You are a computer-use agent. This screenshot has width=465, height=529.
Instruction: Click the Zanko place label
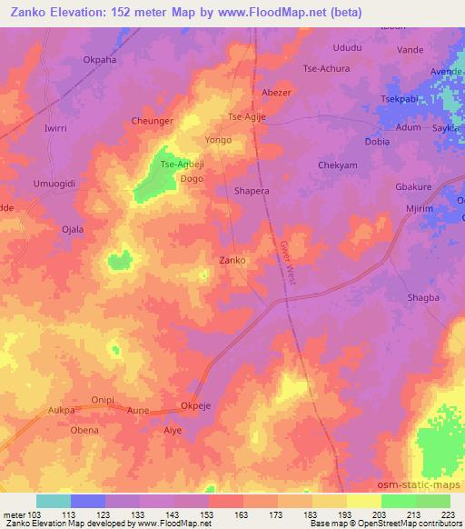(233, 260)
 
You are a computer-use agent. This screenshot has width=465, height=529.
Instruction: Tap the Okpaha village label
(100, 61)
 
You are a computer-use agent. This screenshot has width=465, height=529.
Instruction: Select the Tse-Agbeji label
(181, 165)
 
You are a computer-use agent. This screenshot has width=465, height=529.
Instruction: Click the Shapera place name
(252, 192)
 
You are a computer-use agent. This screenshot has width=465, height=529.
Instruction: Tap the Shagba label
(422, 297)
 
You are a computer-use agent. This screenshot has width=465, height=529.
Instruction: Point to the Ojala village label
(72, 229)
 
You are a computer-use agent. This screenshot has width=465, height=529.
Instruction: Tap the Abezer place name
(276, 93)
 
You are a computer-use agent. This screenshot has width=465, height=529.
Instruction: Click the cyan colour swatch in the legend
(54, 501)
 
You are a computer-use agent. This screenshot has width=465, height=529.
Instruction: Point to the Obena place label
(84, 430)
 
